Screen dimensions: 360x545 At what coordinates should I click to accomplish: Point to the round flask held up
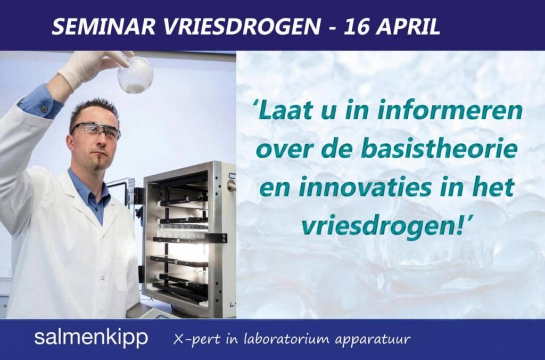pyautogui.click(x=135, y=76)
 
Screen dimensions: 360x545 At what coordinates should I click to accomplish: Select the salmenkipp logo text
pyautogui.click(x=91, y=338)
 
